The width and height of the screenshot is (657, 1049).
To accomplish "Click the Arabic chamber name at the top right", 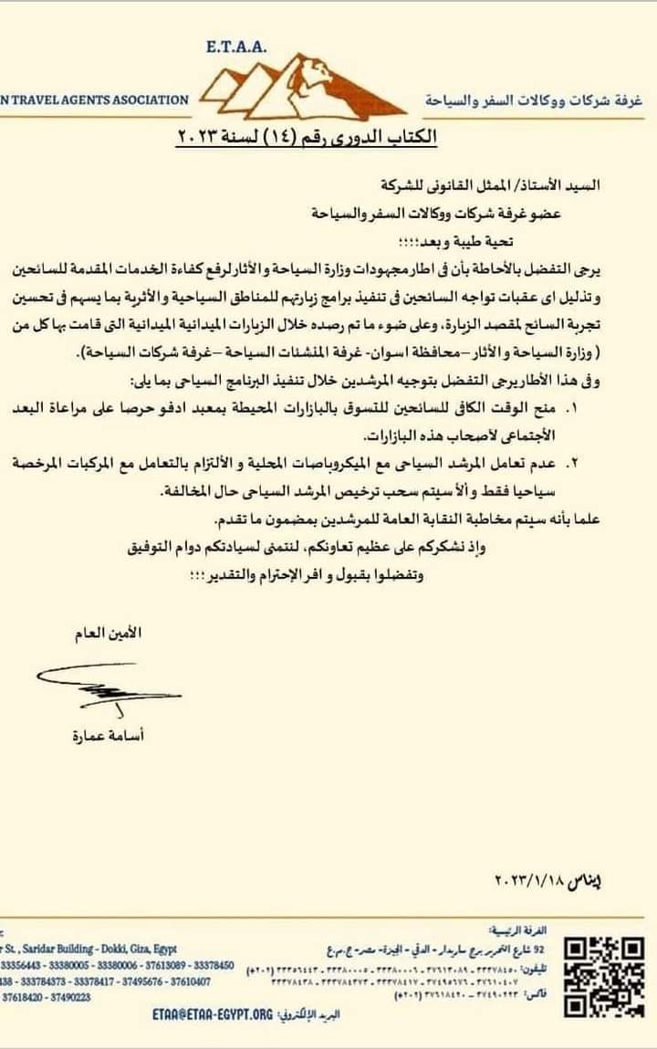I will click(536, 99).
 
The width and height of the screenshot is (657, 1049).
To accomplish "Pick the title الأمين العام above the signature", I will click(109, 634).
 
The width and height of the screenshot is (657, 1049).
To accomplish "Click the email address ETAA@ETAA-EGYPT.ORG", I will click(212, 1013).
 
